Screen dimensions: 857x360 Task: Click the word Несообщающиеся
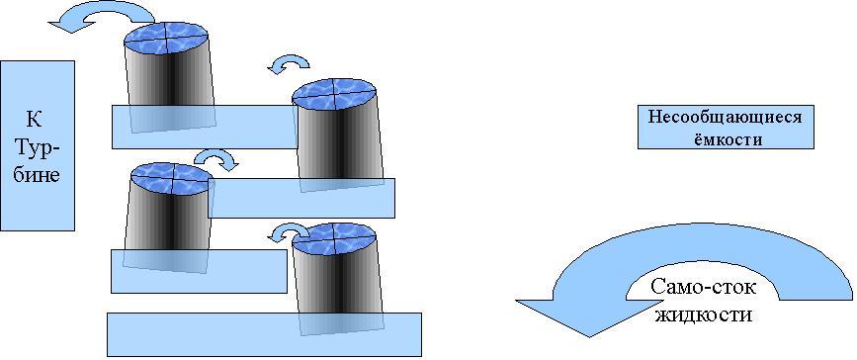[726, 118]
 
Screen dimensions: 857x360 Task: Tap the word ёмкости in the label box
[726, 139]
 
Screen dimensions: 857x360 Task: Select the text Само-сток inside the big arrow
[704, 288]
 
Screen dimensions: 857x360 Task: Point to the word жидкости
[704, 315]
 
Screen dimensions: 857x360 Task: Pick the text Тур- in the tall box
[38, 147]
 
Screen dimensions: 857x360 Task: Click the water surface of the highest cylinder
[166, 40]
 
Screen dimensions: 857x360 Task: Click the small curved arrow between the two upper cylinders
[289, 63]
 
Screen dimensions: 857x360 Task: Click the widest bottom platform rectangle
[264, 334]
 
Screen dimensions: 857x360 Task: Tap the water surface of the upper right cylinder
[334, 95]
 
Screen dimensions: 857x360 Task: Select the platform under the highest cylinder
[206, 127]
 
